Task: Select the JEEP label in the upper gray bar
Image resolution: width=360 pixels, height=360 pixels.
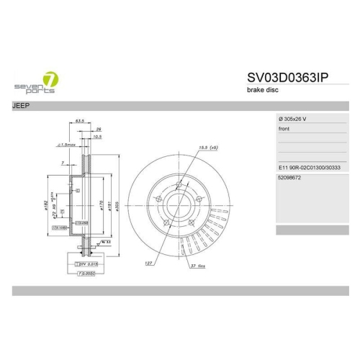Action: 22,105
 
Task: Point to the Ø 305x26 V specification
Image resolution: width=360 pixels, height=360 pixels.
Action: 296,117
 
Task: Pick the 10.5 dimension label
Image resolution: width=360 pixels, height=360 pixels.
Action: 97,136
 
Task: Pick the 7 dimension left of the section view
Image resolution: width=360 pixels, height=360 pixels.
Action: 63,164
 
